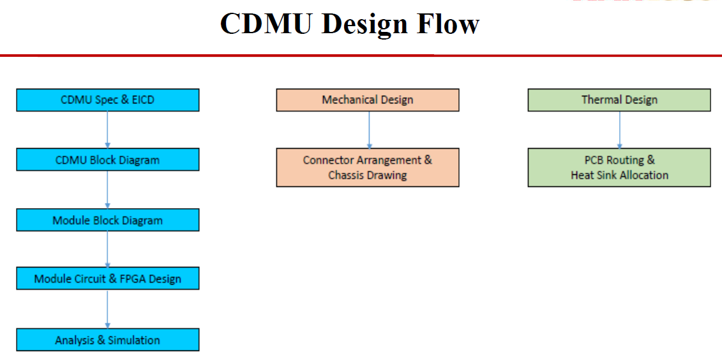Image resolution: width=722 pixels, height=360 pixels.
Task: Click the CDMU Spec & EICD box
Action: [107, 100]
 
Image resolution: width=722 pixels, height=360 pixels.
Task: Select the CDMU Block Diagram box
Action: [107, 160]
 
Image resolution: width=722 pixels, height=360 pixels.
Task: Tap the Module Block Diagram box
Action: [107, 220]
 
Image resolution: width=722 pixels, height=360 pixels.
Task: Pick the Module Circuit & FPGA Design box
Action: [107, 279]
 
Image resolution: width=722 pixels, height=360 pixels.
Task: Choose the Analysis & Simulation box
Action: [107, 340]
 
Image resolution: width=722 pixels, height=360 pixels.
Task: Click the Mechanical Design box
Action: [367, 100]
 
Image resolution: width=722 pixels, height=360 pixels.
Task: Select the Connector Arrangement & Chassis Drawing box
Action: [367, 167]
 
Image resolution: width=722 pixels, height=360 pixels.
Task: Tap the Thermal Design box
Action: [619, 100]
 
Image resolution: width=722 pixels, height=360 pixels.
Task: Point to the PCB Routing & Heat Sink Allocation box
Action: [619, 167]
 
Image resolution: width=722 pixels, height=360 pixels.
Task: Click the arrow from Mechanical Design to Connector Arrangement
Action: [369, 130]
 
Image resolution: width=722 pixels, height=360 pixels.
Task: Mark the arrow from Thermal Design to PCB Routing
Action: [619, 130]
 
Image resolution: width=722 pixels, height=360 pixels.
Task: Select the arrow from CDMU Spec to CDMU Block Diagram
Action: [107, 130]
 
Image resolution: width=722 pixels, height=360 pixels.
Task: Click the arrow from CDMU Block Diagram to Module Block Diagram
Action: [107, 190]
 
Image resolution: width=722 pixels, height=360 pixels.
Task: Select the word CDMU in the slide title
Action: [267, 24]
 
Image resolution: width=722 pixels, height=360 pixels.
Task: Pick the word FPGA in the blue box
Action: [132, 279]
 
